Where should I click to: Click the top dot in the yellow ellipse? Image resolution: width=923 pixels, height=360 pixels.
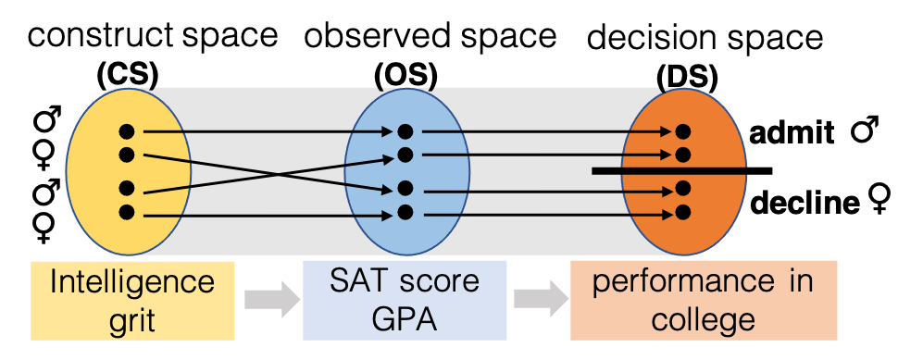pos(127,131)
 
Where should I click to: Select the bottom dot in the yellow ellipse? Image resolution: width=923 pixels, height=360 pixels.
pos(127,213)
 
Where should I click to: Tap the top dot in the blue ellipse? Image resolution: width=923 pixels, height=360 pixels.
pos(405,131)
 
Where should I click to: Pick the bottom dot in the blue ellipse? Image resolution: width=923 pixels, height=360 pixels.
pos(405,213)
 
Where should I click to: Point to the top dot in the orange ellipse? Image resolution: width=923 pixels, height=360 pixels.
pos(683,131)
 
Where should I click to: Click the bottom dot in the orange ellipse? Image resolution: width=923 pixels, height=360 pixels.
pos(683,213)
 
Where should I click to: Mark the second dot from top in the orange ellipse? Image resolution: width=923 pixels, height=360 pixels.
pos(683,154)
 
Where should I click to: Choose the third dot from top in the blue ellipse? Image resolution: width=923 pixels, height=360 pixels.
pos(405,189)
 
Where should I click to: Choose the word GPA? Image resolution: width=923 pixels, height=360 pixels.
pos(405,319)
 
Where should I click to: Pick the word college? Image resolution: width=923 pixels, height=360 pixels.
pos(703,319)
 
